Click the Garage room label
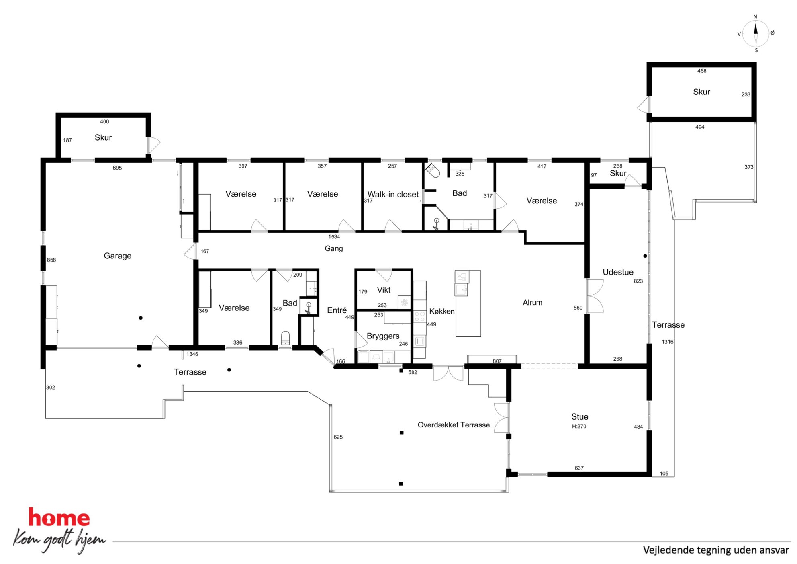pos(117,256)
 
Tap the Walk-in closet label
pos(393,195)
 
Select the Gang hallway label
pos(334,249)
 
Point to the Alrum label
pos(532,303)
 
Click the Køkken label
pos(442,311)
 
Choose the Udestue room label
pos(618,272)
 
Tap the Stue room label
pos(580,417)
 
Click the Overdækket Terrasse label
pos(454,425)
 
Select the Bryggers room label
pos(383,336)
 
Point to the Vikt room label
pos(384,290)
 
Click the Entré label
pos(337,310)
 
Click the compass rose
pos(756,34)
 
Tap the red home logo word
pos(59,518)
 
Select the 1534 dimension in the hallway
pos(334,237)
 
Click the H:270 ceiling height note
pos(579,427)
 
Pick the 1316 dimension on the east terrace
pos(668,342)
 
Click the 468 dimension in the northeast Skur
pos(702,71)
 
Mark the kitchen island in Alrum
pos(468,304)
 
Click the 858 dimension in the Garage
pos(51,260)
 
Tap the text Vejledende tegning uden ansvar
pos(716,550)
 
